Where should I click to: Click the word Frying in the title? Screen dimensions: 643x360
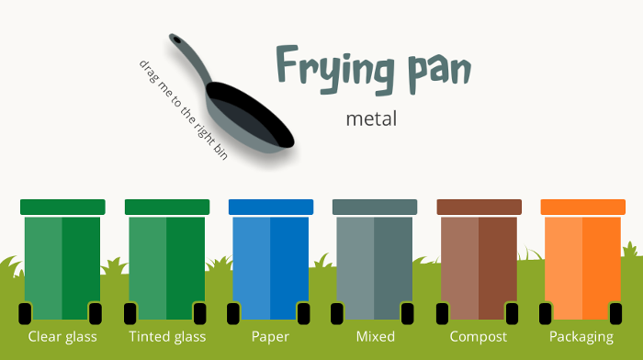[x=335, y=70]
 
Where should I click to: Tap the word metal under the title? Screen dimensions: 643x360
[x=371, y=118]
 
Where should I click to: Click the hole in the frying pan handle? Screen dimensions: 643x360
[x=176, y=39]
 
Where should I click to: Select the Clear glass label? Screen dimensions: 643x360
[x=62, y=337]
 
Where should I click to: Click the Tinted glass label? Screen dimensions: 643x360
[x=167, y=337]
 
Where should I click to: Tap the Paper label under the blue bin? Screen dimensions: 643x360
[x=270, y=337]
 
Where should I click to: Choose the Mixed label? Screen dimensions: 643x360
[x=375, y=337]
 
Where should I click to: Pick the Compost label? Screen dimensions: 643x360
[x=479, y=337]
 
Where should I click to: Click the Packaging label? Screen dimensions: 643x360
[x=581, y=337]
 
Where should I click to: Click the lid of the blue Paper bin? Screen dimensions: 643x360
[x=271, y=207]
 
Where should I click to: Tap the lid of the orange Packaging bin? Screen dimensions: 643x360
[x=582, y=207]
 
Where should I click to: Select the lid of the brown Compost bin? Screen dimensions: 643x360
[x=479, y=207]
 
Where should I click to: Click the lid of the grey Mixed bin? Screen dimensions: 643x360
[x=375, y=207]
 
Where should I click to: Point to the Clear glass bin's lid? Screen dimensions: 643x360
[x=62, y=207]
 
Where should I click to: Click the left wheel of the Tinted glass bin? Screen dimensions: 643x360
[x=130, y=314]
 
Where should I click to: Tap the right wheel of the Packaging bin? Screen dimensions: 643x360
[x=615, y=314]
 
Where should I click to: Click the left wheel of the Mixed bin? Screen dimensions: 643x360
[x=337, y=314]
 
